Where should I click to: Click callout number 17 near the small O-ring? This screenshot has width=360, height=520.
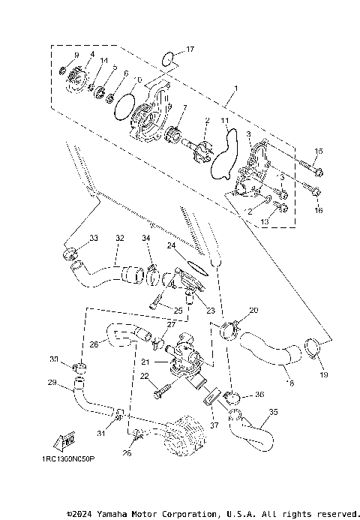click(x=190, y=50)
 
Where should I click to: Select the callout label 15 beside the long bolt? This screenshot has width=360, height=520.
click(x=318, y=152)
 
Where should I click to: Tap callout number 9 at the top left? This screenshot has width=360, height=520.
click(x=76, y=56)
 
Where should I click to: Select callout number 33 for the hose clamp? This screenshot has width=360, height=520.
click(x=93, y=238)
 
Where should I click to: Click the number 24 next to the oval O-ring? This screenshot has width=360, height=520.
click(x=171, y=245)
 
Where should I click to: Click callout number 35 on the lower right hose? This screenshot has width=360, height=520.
click(x=273, y=411)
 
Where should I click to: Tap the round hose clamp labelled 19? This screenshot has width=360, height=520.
click(x=313, y=347)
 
